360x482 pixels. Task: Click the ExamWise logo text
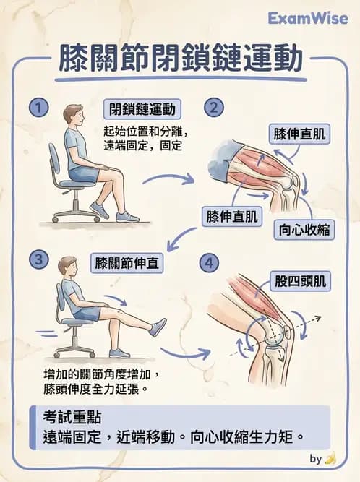point(307,18)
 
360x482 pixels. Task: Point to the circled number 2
point(213,109)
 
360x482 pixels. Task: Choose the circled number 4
point(210,263)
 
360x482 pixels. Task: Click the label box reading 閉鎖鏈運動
point(142,110)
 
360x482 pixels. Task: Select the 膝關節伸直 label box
point(129,262)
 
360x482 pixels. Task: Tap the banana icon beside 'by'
point(331,458)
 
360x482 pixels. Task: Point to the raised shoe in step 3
point(157,327)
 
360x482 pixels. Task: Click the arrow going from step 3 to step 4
point(184,353)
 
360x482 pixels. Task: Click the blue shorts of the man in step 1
point(84,174)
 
